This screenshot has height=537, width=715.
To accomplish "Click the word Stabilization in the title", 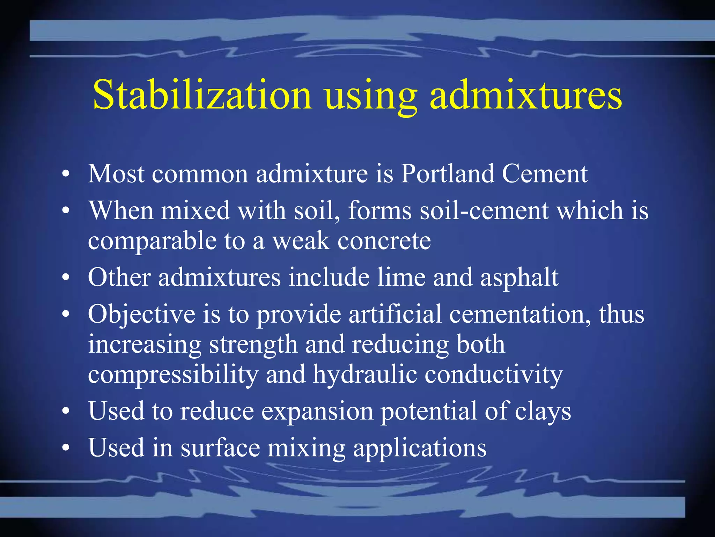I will (x=202, y=95).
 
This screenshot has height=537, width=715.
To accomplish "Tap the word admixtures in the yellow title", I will (x=526, y=95).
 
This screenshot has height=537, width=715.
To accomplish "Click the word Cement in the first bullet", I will (x=545, y=174).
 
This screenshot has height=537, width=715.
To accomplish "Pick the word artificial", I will (x=395, y=314).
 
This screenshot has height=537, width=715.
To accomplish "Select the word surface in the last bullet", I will (x=220, y=448).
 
